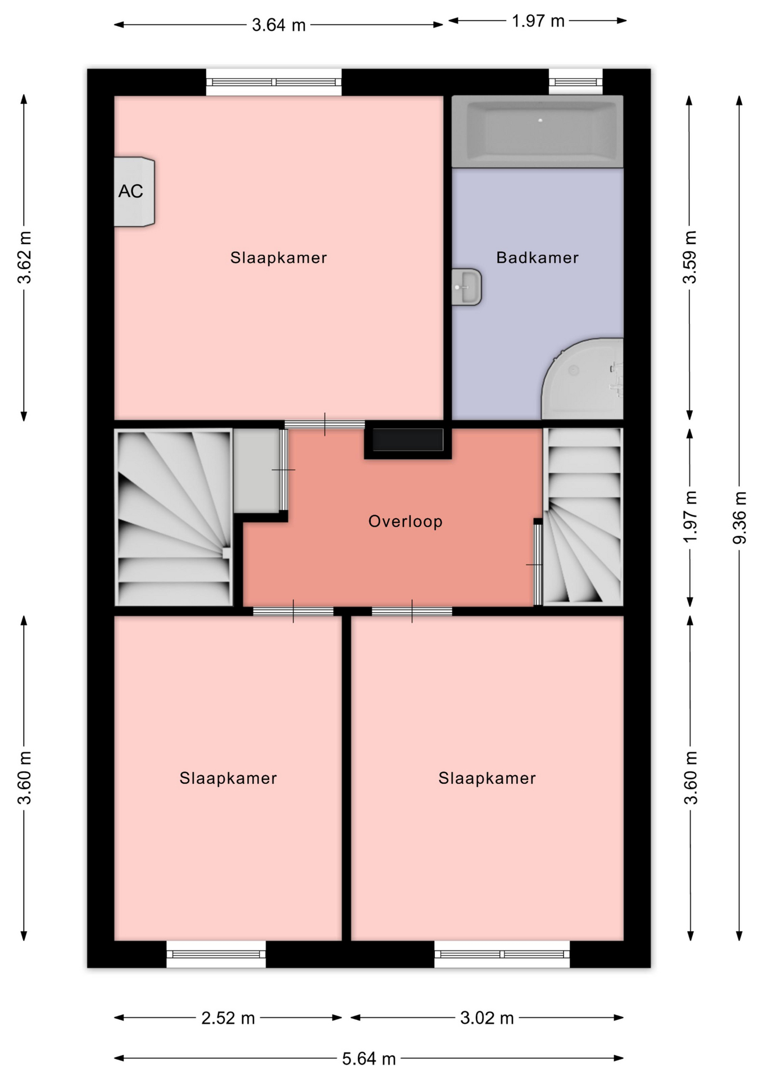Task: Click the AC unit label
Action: [x=130, y=192]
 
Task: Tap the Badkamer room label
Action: [x=537, y=258]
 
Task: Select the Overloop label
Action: [x=405, y=522]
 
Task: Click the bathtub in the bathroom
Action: [x=538, y=132]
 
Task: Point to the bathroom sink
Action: [x=466, y=287]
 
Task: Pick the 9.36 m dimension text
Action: [x=740, y=518]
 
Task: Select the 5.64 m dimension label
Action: [x=369, y=1059]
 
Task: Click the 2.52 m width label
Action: [x=228, y=1018]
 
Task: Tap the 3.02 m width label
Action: [x=487, y=1018]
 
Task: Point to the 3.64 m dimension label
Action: [x=279, y=25]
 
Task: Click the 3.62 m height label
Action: [x=25, y=257]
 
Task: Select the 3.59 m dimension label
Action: [x=690, y=257]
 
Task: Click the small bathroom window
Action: [x=575, y=82]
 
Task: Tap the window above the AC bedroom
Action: [x=274, y=82]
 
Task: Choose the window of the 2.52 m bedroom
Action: [x=216, y=954]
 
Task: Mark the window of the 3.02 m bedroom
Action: [x=502, y=954]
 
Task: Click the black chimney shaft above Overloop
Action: [x=408, y=440]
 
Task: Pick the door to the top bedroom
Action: [x=324, y=424]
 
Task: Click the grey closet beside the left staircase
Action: [x=256, y=470]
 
